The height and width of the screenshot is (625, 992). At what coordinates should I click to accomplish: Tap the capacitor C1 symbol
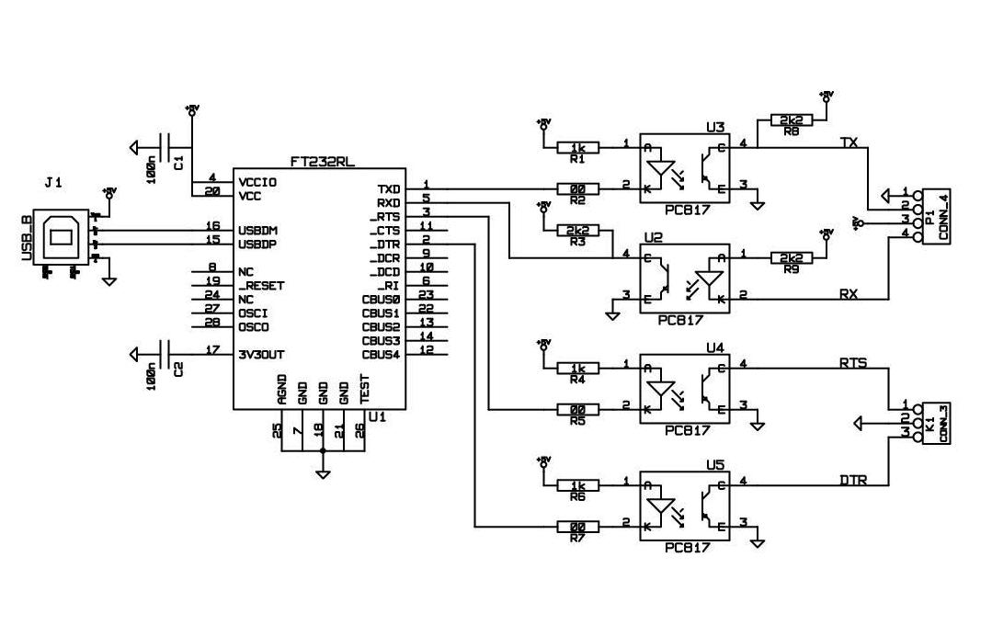166,146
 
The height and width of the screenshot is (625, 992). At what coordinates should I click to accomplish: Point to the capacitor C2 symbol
166,352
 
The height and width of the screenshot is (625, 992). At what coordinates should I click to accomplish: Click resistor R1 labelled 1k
578,147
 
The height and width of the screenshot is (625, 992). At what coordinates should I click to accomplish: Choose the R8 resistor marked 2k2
790,120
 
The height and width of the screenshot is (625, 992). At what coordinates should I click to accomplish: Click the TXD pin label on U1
388,188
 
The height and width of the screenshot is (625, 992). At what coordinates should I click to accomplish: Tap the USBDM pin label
258,229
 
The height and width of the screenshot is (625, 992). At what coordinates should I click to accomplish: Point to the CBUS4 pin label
381,354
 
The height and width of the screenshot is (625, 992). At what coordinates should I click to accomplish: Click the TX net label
849,142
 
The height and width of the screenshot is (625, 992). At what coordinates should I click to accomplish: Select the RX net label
849,293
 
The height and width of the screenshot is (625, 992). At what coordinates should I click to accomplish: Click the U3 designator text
715,127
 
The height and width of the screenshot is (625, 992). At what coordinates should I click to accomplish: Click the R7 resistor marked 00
578,527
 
